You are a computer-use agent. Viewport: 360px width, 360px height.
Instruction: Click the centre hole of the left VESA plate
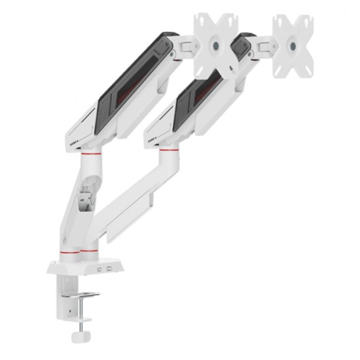click(x=216, y=46)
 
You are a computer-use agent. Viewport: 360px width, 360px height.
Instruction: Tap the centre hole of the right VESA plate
click(x=292, y=46)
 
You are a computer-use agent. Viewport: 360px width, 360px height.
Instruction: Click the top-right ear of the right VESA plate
click(x=308, y=18)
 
